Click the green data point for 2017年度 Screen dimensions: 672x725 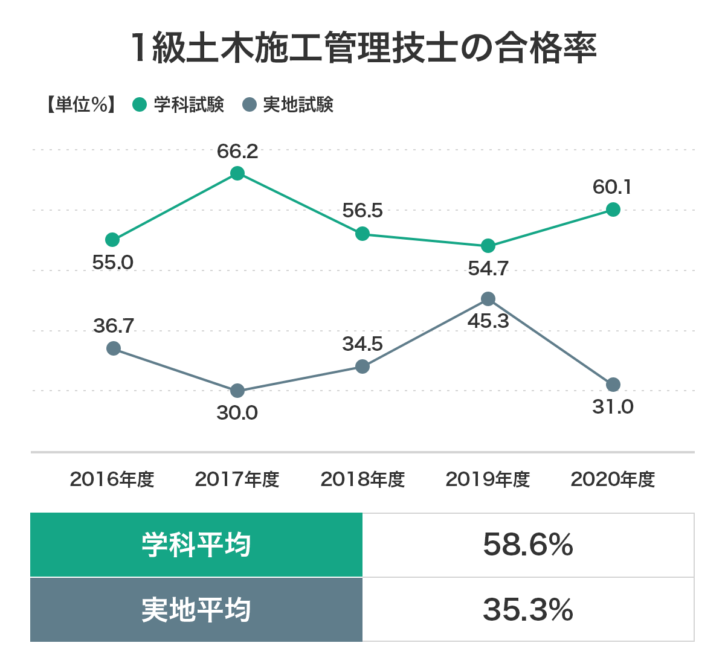(237, 174)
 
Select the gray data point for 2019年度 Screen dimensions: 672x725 (488, 299)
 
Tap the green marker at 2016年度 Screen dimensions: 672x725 (112, 240)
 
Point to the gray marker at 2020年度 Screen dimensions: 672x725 (613, 385)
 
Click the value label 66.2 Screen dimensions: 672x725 (237, 151)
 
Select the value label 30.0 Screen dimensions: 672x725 (237, 413)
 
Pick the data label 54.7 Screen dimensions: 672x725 (488, 268)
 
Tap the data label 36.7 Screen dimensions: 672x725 (114, 326)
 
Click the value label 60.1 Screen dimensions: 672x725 (612, 187)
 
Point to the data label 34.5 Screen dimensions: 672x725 (362, 344)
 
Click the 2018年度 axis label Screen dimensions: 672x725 (362, 479)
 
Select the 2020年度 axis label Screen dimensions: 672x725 (613, 479)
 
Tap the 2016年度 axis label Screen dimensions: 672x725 (112, 479)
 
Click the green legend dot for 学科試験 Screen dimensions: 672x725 (140, 105)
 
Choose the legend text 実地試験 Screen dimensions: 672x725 (298, 105)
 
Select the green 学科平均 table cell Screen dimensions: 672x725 (196, 545)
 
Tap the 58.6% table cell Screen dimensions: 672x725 (528, 545)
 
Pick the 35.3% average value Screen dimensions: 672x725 (528, 610)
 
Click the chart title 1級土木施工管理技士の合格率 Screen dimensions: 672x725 (362, 48)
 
